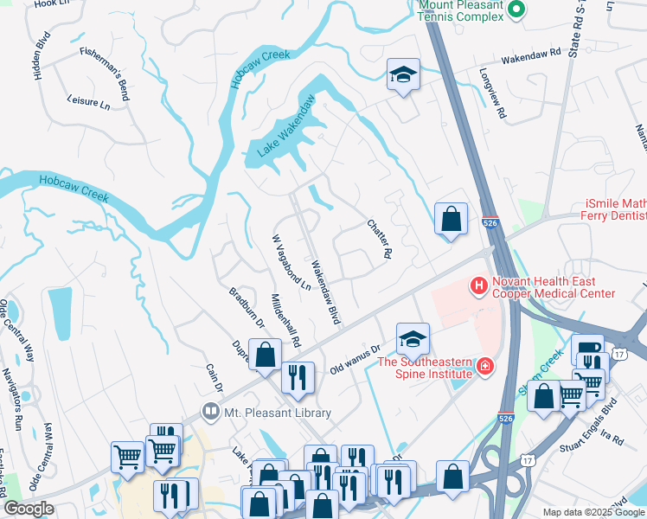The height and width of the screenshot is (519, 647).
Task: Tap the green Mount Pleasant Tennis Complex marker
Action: point(516,10)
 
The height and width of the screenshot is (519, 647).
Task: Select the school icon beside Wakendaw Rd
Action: point(403,77)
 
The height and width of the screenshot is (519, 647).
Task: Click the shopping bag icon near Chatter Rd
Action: point(451,221)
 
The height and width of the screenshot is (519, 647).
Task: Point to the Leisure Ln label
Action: point(89,103)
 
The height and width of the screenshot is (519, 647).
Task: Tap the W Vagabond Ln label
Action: point(291,263)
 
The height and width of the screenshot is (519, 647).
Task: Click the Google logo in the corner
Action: point(29,509)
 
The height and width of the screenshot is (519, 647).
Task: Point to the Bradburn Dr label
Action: point(247,307)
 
